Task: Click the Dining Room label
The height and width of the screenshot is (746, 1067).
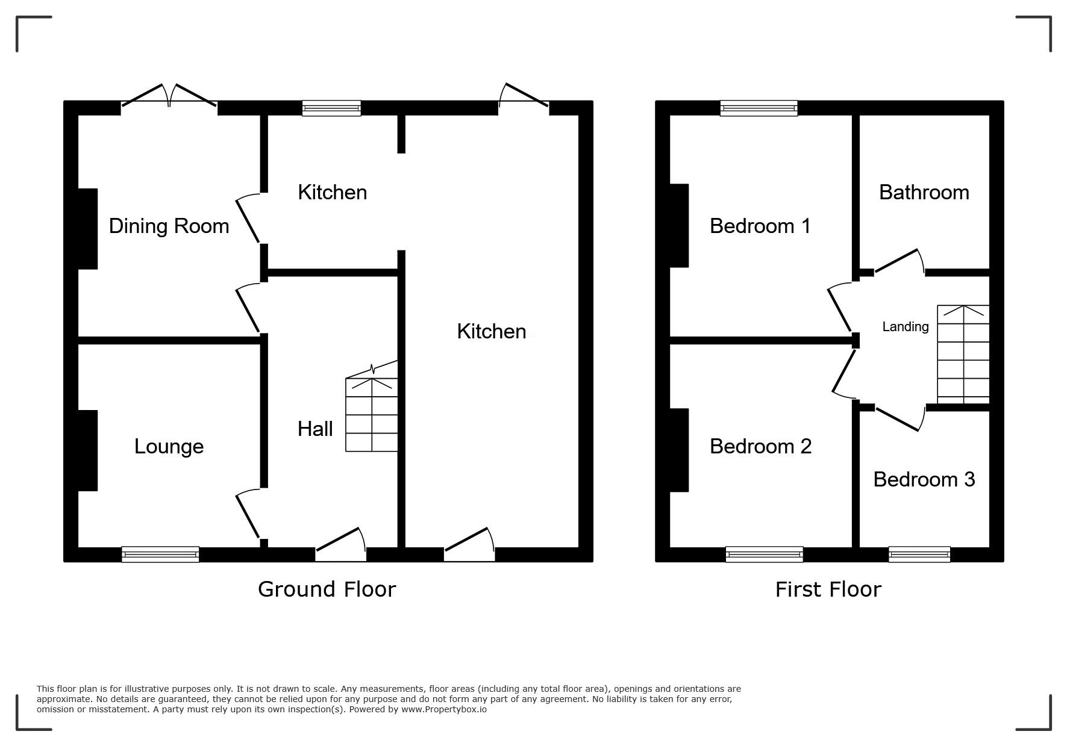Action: click(169, 226)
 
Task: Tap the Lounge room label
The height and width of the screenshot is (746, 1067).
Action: click(169, 446)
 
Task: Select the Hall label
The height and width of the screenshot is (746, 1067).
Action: click(315, 429)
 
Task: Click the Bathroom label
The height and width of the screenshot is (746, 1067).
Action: click(924, 192)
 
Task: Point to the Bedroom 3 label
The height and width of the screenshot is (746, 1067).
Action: click(924, 479)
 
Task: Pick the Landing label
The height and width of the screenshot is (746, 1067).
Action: click(905, 326)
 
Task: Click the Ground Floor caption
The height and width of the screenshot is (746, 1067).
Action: click(327, 589)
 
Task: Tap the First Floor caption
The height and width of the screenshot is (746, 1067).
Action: click(828, 589)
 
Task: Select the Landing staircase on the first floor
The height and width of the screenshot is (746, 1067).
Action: click(963, 354)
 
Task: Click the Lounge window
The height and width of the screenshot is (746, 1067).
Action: click(160, 554)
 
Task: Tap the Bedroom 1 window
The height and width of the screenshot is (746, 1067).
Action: click(759, 108)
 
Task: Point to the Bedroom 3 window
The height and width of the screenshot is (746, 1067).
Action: click(919, 554)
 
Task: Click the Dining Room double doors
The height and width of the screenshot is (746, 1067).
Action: click(169, 97)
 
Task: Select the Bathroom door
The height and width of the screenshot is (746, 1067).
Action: click(900, 263)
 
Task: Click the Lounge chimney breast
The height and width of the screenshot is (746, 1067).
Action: click(88, 450)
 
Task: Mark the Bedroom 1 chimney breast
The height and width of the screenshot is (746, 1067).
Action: click(679, 226)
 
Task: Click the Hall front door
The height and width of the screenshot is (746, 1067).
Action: click(341, 544)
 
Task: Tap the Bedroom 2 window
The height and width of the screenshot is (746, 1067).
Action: click(765, 554)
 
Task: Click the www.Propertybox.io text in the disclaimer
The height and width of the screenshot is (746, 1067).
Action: click(444, 709)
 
